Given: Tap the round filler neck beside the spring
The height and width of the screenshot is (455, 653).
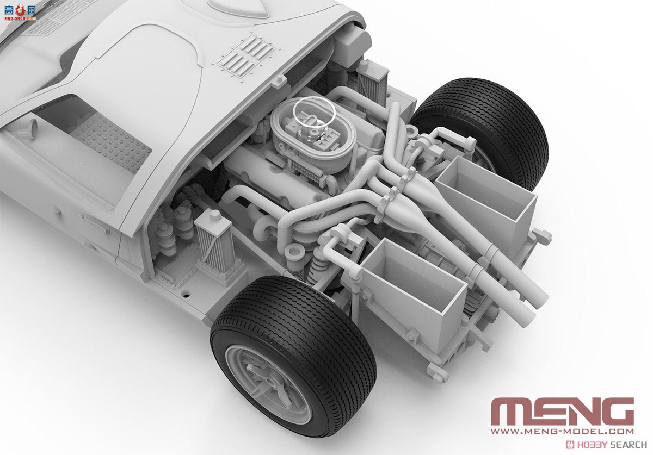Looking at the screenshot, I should click(x=296, y=252).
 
